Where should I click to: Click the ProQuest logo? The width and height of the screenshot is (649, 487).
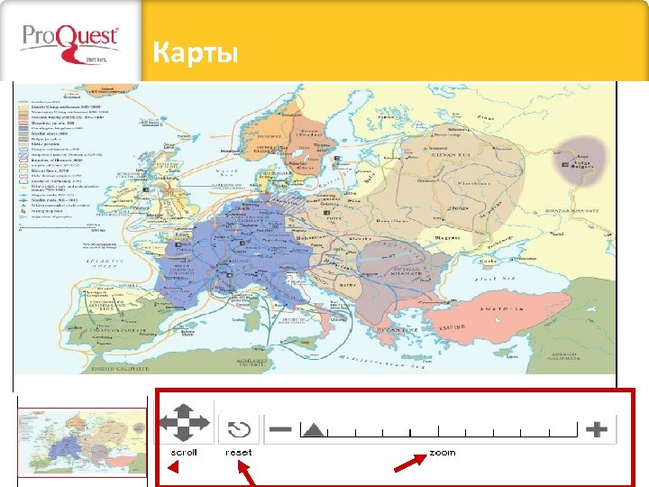69,41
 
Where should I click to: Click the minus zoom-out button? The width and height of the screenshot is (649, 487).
280,429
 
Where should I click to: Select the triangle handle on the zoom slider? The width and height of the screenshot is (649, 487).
313,430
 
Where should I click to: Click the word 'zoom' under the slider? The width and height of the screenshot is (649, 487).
443,452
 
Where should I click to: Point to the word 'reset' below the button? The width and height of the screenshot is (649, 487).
239,452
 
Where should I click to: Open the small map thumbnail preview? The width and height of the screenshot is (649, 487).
82,443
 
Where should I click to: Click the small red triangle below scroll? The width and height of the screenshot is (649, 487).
176,468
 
